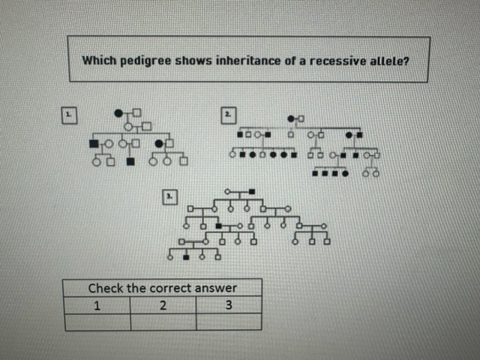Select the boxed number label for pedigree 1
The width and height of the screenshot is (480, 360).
click(x=67, y=115)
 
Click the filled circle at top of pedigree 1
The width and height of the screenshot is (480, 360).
click(x=118, y=113)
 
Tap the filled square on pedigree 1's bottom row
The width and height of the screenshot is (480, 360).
click(x=130, y=160)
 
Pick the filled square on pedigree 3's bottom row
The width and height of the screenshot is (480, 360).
click(x=185, y=256)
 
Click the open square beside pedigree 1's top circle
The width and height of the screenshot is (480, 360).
click(x=136, y=113)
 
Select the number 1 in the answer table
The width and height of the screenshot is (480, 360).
click(x=96, y=304)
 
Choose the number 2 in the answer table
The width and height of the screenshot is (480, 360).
click(x=162, y=304)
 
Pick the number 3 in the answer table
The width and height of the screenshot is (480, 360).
click(x=228, y=304)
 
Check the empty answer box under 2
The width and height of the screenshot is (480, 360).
click(x=163, y=322)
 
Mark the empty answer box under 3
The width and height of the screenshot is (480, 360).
click(x=229, y=322)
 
